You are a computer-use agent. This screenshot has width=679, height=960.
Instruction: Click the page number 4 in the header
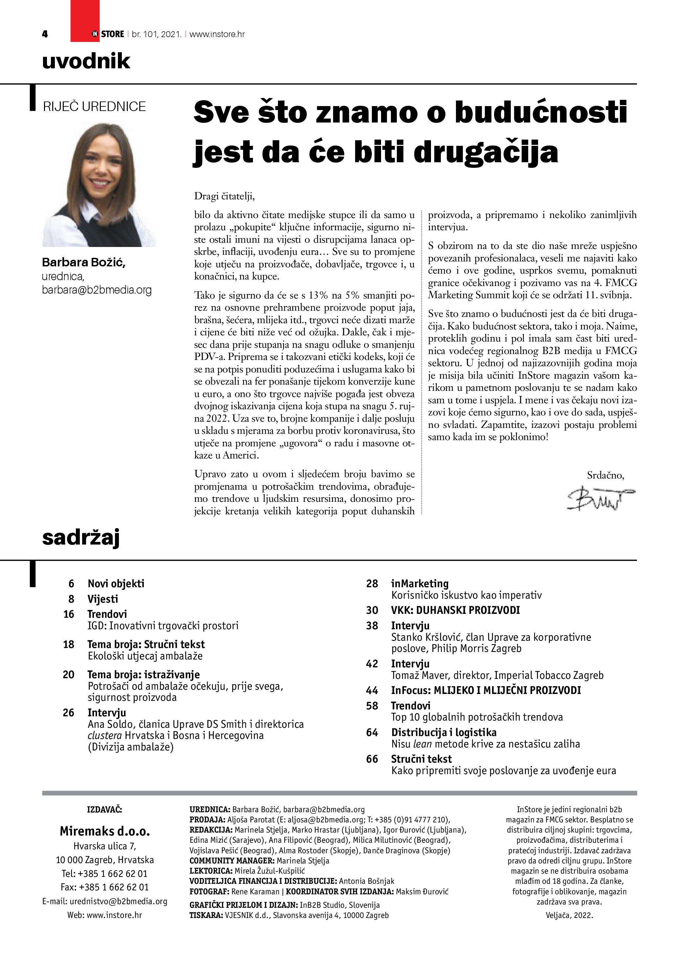tap(45, 34)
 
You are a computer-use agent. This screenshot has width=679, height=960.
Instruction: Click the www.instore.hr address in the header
tap(217, 34)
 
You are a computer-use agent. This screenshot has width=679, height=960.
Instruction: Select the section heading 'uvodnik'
tap(86, 61)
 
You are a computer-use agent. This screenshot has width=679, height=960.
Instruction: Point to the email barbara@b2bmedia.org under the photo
tap(97, 290)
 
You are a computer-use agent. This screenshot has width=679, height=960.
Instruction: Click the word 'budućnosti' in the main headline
tap(541, 112)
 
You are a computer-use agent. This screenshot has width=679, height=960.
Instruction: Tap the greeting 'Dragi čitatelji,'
tap(224, 196)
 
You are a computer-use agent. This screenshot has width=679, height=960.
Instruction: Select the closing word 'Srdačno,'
tap(605, 475)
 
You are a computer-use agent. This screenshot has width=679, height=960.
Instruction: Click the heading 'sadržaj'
tap(81, 537)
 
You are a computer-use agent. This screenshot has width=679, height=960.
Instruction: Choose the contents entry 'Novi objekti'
tap(116, 583)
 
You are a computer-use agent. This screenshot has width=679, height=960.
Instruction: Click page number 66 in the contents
tap(372, 759)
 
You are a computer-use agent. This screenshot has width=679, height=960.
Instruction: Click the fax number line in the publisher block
tap(104, 887)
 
